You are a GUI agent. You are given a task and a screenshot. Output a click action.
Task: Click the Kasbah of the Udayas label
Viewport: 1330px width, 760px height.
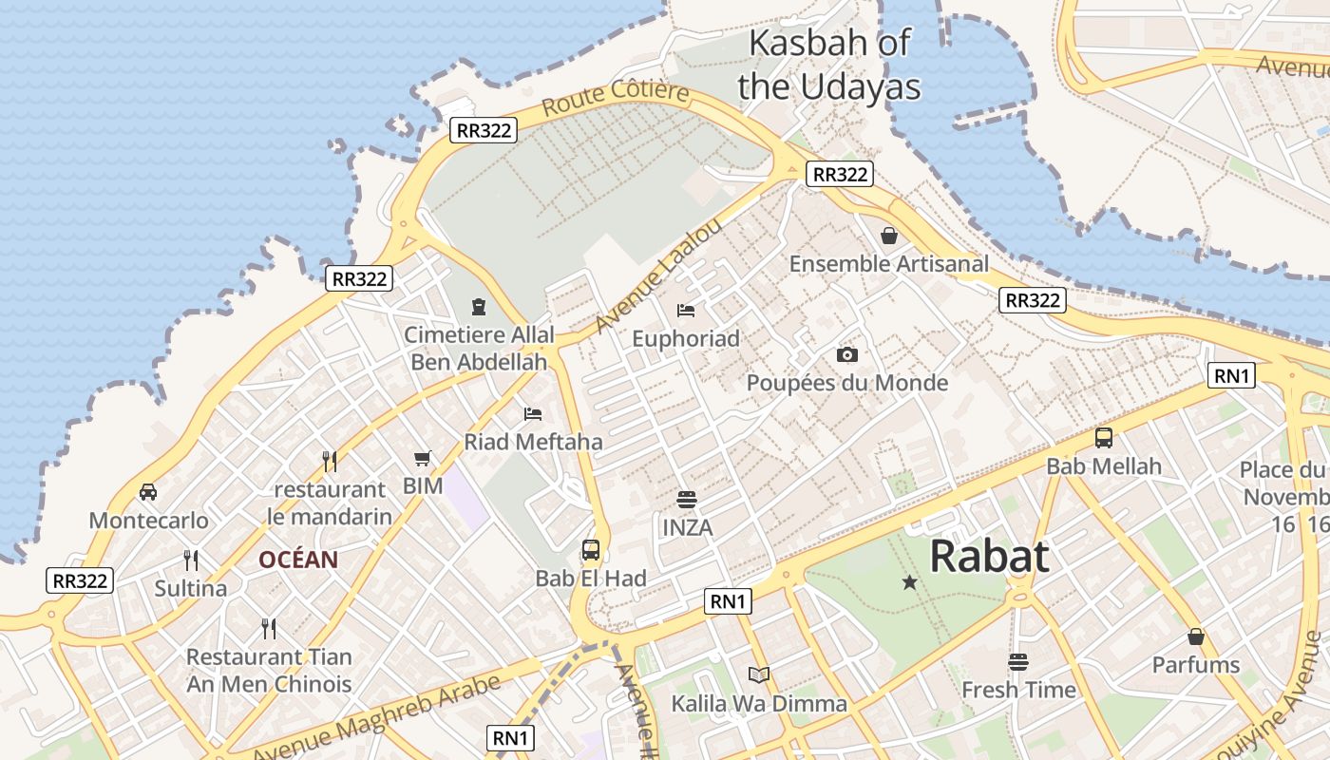pos(829,65)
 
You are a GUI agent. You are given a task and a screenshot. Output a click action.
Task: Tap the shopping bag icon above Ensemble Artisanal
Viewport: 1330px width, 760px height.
pos(889,235)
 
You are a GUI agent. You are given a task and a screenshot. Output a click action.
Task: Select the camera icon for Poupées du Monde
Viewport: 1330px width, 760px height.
pos(847,354)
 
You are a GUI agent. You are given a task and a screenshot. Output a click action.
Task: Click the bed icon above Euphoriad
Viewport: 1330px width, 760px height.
pos(686,310)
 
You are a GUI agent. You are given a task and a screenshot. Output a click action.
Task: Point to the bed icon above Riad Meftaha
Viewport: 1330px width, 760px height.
pos(533,413)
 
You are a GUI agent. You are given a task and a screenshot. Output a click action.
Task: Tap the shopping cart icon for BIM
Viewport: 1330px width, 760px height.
pos(423,458)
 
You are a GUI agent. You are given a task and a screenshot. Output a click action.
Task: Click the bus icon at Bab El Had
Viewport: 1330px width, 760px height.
pos(591,549)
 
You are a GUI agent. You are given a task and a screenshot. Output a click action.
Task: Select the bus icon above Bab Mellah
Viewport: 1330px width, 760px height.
pos(1104,438)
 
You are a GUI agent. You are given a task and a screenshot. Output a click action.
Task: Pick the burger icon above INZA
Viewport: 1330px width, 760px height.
pos(687,499)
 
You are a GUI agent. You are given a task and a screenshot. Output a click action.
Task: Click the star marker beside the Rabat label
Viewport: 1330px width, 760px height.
pos(910,581)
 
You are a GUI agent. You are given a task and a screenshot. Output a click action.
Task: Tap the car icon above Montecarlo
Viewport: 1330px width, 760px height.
pos(148,491)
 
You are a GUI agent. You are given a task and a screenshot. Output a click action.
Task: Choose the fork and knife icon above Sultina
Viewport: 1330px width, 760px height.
pos(191,560)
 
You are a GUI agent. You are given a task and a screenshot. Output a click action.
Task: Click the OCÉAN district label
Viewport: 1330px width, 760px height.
pos(298,560)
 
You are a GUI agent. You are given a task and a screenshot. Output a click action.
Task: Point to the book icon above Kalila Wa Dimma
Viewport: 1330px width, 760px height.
pos(758,674)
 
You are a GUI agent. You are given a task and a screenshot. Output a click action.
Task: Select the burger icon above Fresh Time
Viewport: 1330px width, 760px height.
pos(1018,661)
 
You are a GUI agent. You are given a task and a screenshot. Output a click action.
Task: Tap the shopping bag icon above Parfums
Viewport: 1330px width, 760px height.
pos(1196,636)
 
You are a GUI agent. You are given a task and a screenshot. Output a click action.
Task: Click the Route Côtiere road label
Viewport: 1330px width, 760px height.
pos(616,99)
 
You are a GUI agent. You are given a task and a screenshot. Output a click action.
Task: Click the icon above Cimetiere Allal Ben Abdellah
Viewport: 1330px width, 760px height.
pos(479,306)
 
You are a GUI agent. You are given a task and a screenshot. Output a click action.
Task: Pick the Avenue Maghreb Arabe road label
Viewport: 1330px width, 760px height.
pos(377,717)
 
